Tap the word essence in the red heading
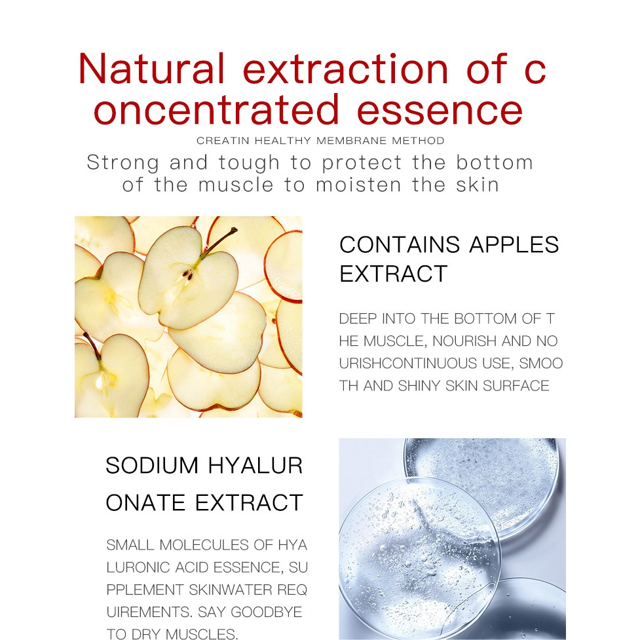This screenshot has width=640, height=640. pos(440,110)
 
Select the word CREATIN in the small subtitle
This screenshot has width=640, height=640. pos(223,141)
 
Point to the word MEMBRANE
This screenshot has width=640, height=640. pos(351,141)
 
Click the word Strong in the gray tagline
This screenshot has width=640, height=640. pos(123,163)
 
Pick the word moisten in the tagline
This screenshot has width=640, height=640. pos(359,185)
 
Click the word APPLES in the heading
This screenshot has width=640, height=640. pos(514,245)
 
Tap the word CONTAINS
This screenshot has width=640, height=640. pos(400,245)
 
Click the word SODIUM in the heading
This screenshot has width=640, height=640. pos(152,466)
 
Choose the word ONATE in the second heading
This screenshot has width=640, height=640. pos(145,502)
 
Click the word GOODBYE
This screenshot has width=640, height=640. pos(266,612)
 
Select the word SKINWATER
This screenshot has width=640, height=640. pos(230,590)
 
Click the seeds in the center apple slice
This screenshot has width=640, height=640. pos(188,274)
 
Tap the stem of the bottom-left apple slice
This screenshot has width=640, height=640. pos(92,346)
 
